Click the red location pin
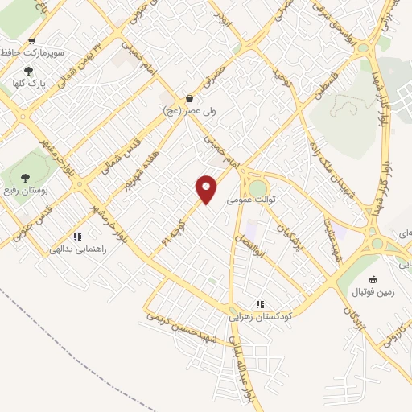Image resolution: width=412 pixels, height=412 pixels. [208, 187]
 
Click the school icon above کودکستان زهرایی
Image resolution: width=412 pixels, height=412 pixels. [259, 303]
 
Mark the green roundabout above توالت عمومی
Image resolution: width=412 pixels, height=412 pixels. [257, 187]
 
